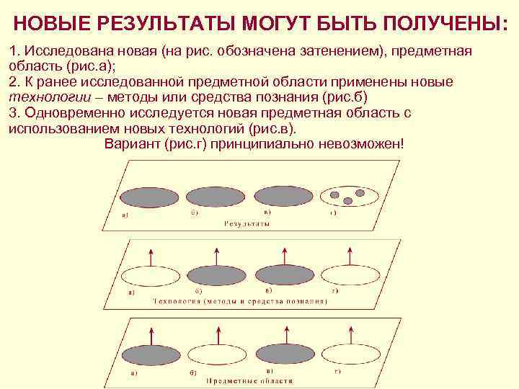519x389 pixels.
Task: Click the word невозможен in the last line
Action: pos(368,143)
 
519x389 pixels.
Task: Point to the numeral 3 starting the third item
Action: pos(12,114)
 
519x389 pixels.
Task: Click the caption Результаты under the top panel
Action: pos(247,224)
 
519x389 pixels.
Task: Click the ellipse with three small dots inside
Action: pos(348,195)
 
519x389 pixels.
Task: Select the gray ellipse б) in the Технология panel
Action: pos(217,274)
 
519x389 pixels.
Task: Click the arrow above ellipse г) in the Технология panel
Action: pos(350,254)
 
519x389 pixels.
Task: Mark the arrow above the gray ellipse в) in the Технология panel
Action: pos(283,254)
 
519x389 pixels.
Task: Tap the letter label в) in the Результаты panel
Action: pos(267,213)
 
